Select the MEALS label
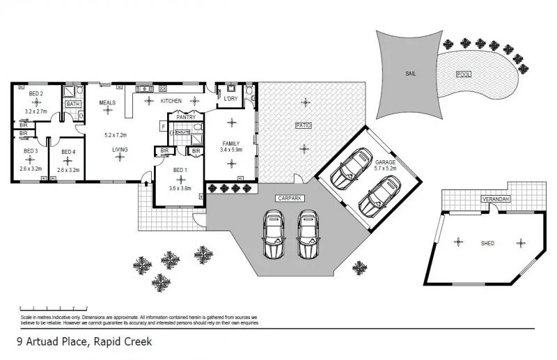107,102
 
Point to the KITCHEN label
171,101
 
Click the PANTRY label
186,118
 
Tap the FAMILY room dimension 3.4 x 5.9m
230,150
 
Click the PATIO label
303,125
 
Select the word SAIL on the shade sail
411,72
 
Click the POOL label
464,74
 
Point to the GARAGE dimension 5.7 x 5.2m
385,168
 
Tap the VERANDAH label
496,199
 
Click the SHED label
487,243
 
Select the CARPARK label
288,198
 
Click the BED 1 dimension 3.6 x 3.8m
179,188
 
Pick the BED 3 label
31,151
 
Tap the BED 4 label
68,151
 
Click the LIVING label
120,149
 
